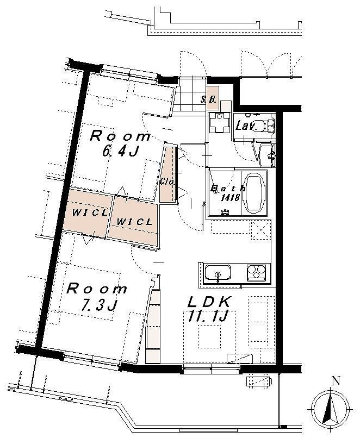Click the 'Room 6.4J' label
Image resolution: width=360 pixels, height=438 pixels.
(x=120, y=144)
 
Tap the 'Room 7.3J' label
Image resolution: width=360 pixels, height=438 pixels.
(x=97, y=297)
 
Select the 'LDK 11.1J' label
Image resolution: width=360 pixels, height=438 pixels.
(x=210, y=309)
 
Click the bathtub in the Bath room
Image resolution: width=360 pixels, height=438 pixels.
(x=254, y=193)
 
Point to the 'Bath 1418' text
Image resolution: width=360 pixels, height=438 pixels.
(x=228, y=193)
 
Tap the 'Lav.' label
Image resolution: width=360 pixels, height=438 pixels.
(x=246, y=126)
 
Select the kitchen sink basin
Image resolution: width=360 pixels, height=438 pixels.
(x=218, y=273)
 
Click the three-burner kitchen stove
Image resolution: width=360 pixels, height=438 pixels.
(x=256, y=272)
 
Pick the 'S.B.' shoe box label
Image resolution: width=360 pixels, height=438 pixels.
(x=209, y=99)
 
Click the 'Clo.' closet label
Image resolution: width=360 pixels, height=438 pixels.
(x=167, y=181)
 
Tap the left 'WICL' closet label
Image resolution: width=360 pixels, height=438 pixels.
(x=89, y=213)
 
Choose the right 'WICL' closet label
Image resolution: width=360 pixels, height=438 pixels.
(x=134, y=222)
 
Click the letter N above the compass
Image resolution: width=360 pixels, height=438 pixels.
(x=336, y=381)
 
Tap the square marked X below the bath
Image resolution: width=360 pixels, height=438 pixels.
(x=262, y=230)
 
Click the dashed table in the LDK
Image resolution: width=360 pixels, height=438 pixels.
(x=209, y=336)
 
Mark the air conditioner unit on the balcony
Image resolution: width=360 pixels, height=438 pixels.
(x=259, y=381)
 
